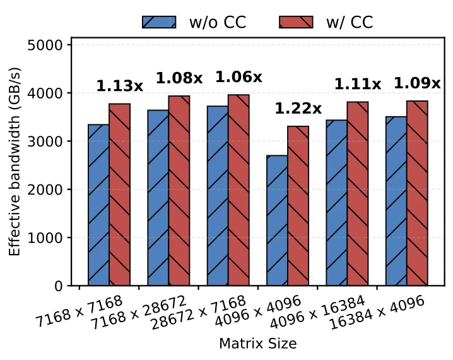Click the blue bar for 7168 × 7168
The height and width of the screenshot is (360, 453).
point(98,205)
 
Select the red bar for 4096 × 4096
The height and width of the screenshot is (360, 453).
point(298,206)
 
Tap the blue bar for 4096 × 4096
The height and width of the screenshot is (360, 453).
point(278,220)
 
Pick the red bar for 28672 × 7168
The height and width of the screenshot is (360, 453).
point(238,190)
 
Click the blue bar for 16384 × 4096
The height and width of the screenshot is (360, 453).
point(396,201)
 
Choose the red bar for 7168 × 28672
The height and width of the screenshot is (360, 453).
point(179,191)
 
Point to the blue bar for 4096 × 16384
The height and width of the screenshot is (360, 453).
point(337,203)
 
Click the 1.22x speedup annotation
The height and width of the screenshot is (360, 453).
point(298,109)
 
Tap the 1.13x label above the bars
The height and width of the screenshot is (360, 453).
point(120,86)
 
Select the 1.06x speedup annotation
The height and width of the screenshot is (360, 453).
point(238,77)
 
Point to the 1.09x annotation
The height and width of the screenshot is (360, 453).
point(417,83)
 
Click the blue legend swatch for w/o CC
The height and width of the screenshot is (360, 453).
point(159,22)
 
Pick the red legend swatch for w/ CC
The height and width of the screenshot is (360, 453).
point(296,22)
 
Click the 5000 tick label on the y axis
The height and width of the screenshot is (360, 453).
point(45,45)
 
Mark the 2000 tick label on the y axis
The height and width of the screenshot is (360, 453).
point(45,189)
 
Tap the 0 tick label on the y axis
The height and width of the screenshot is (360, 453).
point(58,286)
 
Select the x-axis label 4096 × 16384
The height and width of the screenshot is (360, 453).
point(317,313)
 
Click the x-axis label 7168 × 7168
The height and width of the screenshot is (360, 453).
point(79,311)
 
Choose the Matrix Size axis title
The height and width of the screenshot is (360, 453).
point(257,344)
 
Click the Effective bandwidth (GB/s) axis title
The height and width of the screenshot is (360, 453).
point(15,162)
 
